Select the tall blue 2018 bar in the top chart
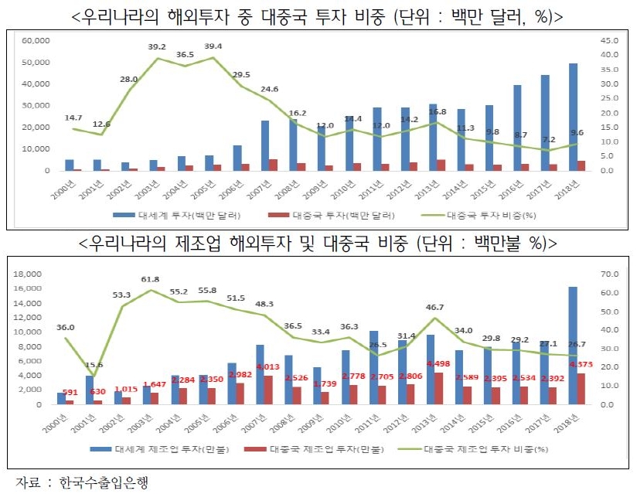coord(573,116)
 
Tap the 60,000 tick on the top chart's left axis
coord(36,39)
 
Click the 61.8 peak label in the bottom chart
coord(151,279)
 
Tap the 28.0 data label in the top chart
coord(129,79)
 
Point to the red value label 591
coord(70,391)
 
